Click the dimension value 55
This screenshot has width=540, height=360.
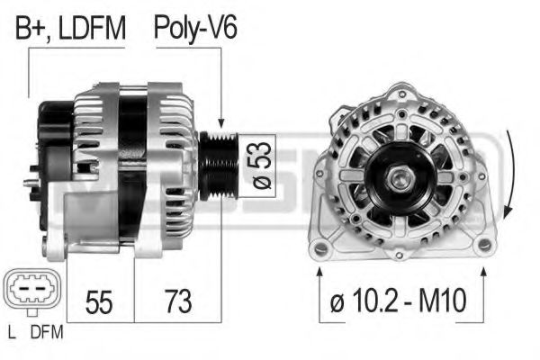click(99, 301)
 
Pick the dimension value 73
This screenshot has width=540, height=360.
click(177, 301)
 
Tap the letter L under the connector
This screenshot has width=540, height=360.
click(10, 332)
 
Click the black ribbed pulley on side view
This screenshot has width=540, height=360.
click(219, 163)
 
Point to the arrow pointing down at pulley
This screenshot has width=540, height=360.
click(220, 117)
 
